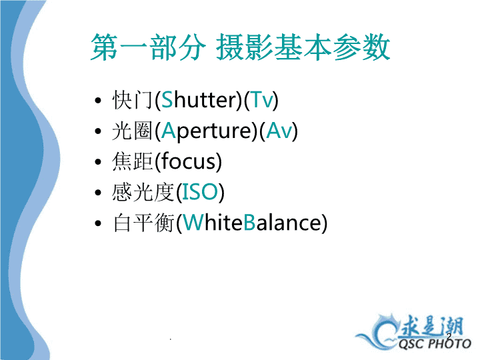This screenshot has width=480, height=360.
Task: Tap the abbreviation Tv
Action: click(262, 100)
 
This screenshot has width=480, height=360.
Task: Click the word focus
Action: click(188, 161)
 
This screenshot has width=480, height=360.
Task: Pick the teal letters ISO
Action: click(200, 192)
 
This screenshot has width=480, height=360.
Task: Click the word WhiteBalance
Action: click(252, 222)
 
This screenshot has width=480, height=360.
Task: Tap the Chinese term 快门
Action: click(132, 100)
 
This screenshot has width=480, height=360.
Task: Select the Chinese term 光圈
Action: click(132, 131)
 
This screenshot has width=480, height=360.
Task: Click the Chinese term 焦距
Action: click(132, 161)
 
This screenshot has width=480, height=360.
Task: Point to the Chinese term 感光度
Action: click(143, 192)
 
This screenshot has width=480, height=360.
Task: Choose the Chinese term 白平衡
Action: click(143, 223)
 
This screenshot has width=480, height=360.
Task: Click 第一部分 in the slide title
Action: click(148, 47)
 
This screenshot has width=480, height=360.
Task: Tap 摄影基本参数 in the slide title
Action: click(303, 47)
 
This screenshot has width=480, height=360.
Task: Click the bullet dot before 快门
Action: click(98, 100)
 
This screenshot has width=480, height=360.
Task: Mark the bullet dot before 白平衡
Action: click(98, 223)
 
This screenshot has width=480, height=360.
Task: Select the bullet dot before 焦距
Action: click(98, 161)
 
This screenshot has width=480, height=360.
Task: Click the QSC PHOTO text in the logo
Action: click(435, 344)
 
